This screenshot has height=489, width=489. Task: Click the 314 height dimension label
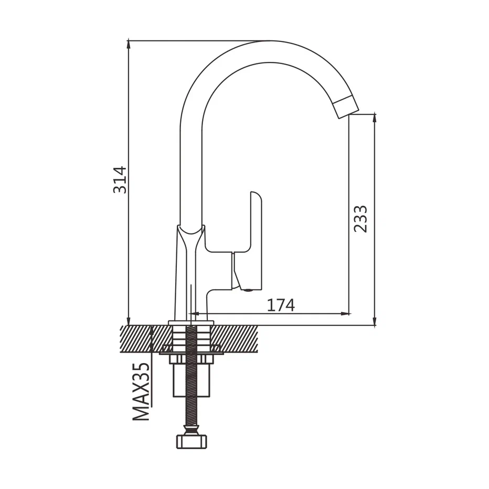coord(120,180)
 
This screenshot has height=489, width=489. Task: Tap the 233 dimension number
coord(360,219)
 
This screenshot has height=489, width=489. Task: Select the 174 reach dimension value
coord(281,305)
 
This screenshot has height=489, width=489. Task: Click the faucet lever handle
coord(255,237)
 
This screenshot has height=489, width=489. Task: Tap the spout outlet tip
coord(347,108)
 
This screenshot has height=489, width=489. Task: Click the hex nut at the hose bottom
coord(192,441)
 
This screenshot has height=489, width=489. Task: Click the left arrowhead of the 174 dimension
coord(195,313)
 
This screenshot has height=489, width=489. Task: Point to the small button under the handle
coord(248,290)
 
